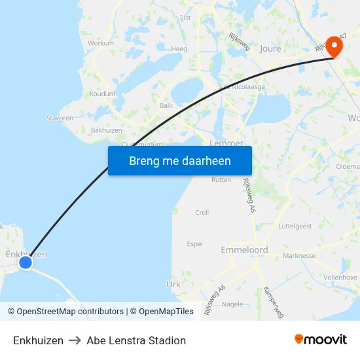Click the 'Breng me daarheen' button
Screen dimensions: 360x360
coord(179,160)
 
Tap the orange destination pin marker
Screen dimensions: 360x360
coord(334,46)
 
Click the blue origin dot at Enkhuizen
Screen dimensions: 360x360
coord(26,262)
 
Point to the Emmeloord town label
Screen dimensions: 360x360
coord(244,250)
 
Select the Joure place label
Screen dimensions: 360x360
coord(270,48)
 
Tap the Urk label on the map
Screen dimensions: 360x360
coord(173,284)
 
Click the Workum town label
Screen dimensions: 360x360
coord(100,43)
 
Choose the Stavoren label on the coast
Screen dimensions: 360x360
coord(60,118)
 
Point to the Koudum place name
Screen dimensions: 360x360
coord(102,94)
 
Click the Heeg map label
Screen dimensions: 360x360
coord(179,48)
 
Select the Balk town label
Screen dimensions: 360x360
coord(166,105)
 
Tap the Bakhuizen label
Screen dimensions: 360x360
coord(107,130)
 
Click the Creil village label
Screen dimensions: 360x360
coord(202,212)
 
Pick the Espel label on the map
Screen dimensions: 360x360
coord(195,243)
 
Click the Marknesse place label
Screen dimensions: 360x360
coord(299,256)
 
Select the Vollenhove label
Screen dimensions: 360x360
coord(341,278)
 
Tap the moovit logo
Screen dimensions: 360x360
coord(320,339)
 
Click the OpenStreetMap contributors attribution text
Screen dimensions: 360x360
coord(70,312)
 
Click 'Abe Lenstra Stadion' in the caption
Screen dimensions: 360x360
coord(136,340)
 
